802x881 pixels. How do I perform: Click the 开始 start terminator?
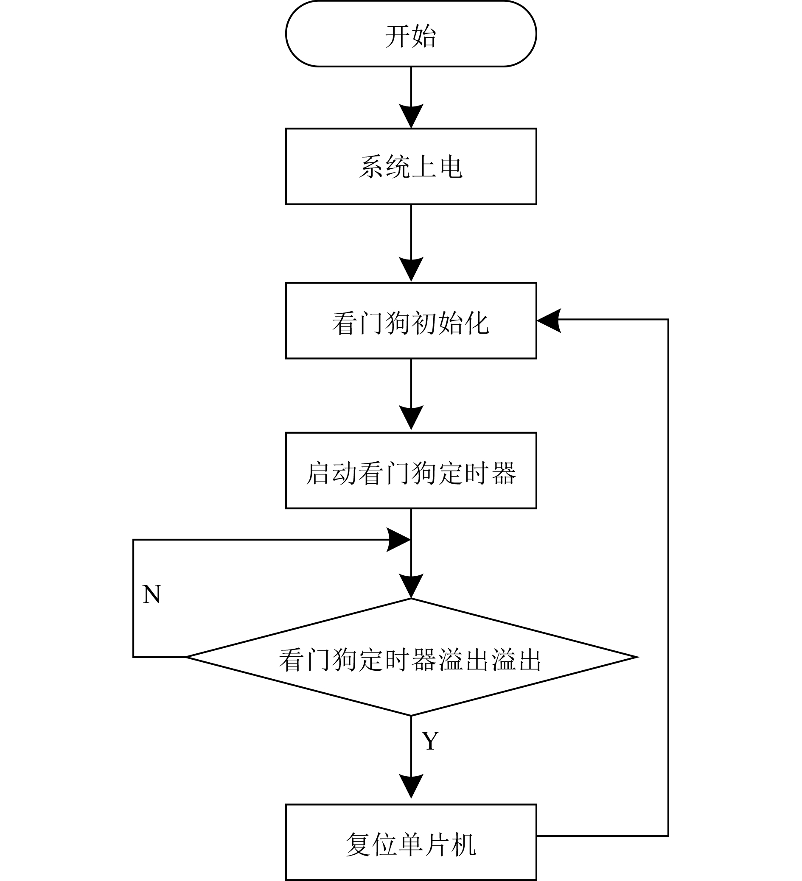(411, 33)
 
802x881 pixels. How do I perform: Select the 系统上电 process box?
(411, 166)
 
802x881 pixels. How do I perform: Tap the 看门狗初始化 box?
(411, 321)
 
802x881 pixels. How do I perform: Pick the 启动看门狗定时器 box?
(411, 471)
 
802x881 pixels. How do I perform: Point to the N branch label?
(152, 595)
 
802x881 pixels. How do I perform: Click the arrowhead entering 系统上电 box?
(411, 116)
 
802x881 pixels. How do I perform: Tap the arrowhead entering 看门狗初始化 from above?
(411, 270)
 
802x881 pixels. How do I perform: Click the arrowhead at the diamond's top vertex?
(411, 586)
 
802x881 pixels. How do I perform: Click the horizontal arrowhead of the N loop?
(398, 540)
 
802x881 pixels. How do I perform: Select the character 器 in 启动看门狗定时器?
(504, 473)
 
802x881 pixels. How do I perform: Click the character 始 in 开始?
(424, 36)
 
